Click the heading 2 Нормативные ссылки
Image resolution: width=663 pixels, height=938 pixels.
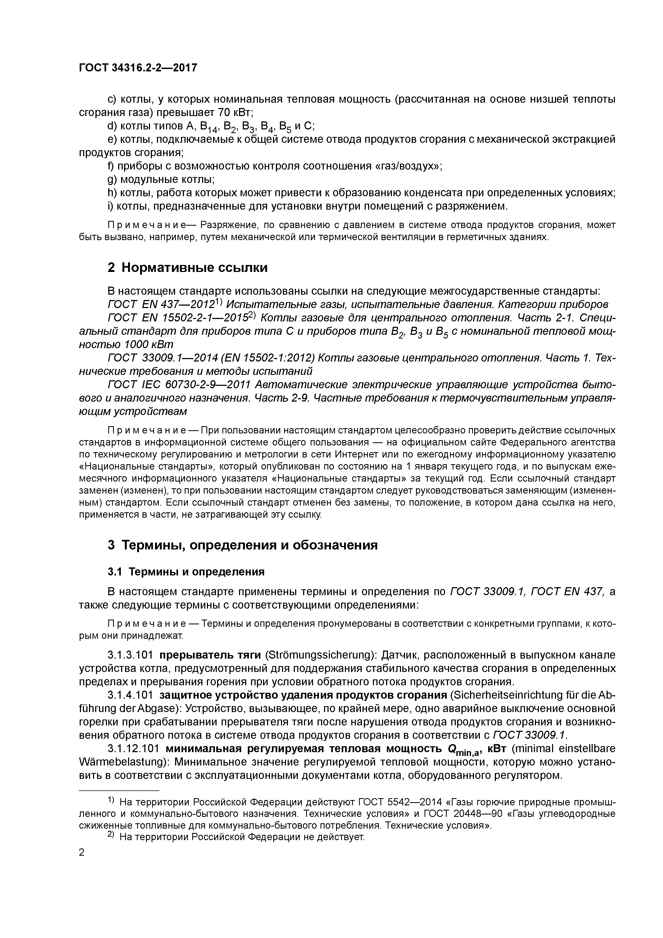point(187,268)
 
